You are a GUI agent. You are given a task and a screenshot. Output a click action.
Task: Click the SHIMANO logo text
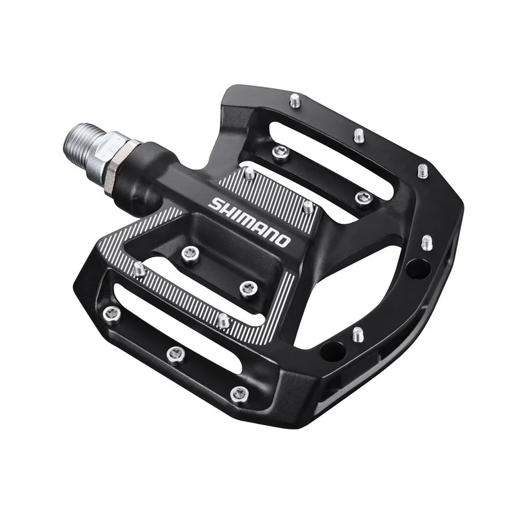pyautogui.click(x=250, y=221)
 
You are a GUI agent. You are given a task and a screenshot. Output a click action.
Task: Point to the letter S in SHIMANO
pyautogui.click(x=215, y=203)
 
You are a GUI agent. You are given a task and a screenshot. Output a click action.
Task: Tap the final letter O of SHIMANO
pyautogui.click(x=283, y=240)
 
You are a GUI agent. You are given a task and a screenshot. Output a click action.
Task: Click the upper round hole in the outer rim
pyautogui.click(x=417, y=268)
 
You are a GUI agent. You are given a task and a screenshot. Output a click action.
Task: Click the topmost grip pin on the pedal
pyautogui.click(x=295, y=101)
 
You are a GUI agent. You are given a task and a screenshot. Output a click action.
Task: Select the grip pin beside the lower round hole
pyautogui.click(x=357, y=335)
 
